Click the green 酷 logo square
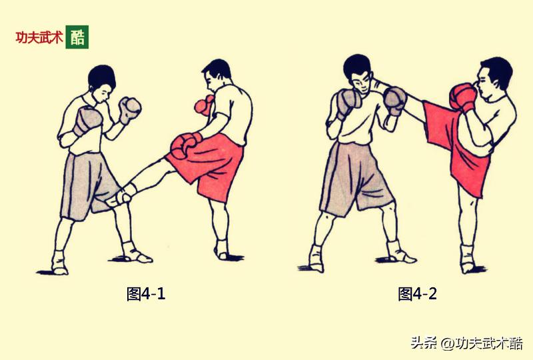point(77,37)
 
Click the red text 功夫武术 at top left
point(39,38)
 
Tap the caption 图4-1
point(146,294)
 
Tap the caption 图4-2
point(418,294)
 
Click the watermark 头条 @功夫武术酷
point(466,343)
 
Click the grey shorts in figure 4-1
point(87,180)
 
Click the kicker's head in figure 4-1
point(218,77)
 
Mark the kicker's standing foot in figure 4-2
point(468,261)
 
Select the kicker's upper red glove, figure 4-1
point(203,105)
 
